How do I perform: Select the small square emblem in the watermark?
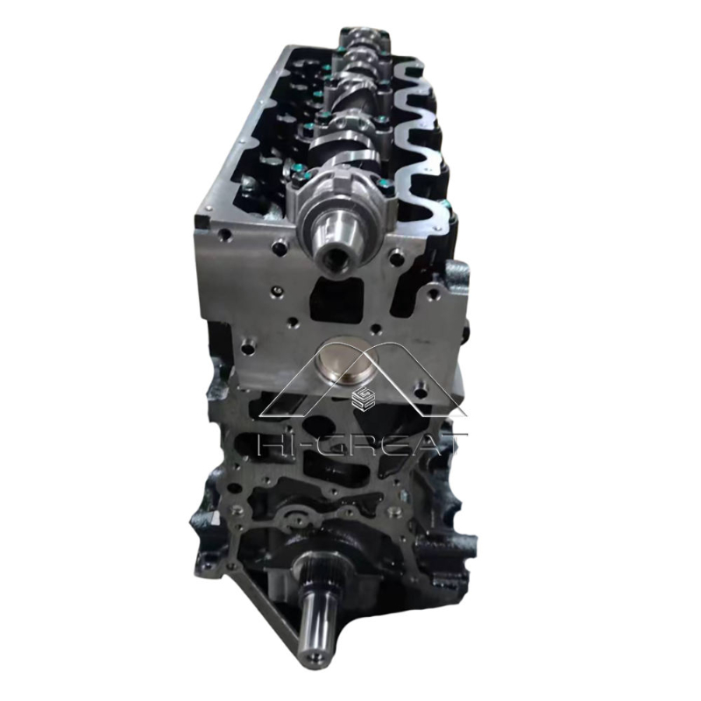coord(359,400)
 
